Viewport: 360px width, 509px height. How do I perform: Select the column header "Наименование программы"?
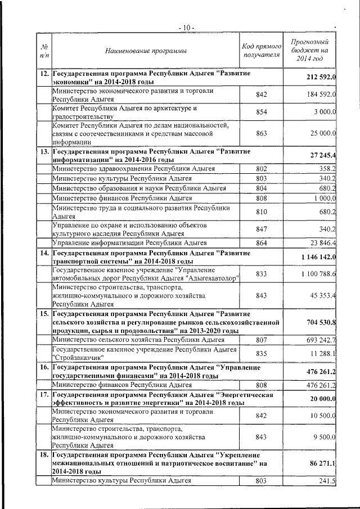point(146,51)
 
